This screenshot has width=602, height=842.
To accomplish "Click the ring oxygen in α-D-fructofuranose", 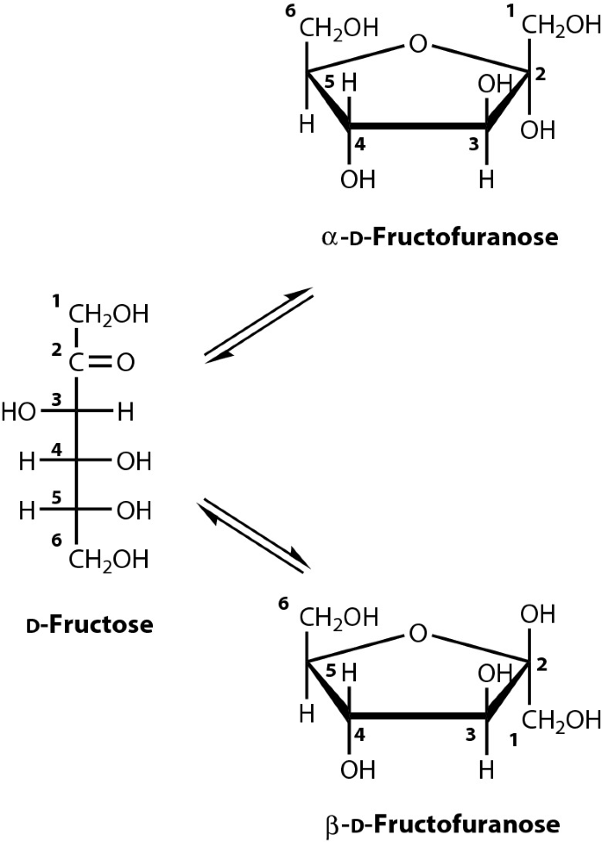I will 419,43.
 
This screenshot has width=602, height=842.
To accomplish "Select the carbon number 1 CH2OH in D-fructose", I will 108,314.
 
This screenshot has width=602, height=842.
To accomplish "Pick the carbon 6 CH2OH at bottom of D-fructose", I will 108,559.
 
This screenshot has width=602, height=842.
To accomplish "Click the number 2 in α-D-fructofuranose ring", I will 540,76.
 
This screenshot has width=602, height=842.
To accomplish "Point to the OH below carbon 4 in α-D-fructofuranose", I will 356,179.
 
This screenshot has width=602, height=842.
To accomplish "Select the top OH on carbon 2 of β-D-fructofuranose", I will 538,613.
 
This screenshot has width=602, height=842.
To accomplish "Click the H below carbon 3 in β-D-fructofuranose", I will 487,769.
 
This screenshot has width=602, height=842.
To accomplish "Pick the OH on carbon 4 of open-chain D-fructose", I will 134,461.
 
